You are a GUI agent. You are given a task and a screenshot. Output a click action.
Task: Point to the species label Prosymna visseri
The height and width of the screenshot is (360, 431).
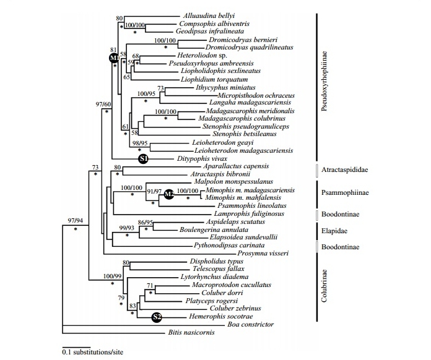click(261, 254)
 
